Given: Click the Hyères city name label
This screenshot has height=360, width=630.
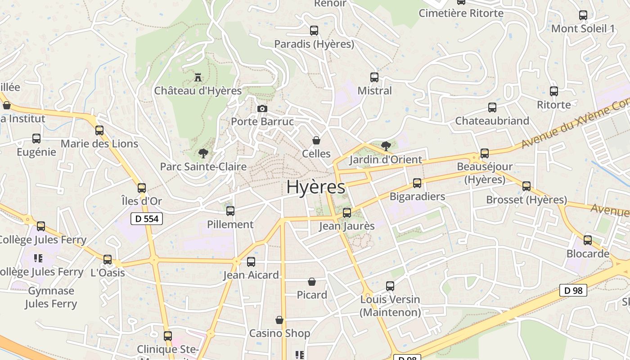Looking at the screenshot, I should click(316, 187).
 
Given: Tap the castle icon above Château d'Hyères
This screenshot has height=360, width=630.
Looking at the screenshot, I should click(198, 77).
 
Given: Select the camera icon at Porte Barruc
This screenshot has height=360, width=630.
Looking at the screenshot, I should click(262, 108).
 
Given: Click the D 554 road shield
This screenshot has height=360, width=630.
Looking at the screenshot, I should click(146, 219).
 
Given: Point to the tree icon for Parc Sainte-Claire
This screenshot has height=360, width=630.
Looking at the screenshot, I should click(203, 153).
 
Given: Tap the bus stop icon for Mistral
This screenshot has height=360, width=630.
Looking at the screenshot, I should click(374, 77).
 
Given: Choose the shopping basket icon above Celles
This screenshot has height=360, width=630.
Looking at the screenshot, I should click(316, 140).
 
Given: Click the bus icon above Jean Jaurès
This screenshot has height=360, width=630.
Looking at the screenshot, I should click(347, 213).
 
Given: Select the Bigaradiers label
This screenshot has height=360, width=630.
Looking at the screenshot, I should click(417, 197).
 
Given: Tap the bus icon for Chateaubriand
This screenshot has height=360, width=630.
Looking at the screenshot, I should click(492, 108).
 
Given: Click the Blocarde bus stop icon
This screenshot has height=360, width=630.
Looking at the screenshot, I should click(588, 240).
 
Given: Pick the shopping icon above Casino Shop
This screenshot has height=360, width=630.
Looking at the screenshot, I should click(279, 320).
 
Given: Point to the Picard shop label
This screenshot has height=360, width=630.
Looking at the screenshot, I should click(312, 295).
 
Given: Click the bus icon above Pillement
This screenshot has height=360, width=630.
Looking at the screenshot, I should click(230, 211).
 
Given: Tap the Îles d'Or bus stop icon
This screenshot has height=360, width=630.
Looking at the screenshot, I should click(142, 188).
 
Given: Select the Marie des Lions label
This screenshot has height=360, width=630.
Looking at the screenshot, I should click(99, 144).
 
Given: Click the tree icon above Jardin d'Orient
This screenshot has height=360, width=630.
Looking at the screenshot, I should click(386, 146).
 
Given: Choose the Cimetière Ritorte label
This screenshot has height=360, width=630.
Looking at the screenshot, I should click(461, 13).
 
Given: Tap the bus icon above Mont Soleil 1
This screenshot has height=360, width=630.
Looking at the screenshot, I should click(583, 15).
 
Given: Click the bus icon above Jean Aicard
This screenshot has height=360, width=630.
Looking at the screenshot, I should click(251, 262).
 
